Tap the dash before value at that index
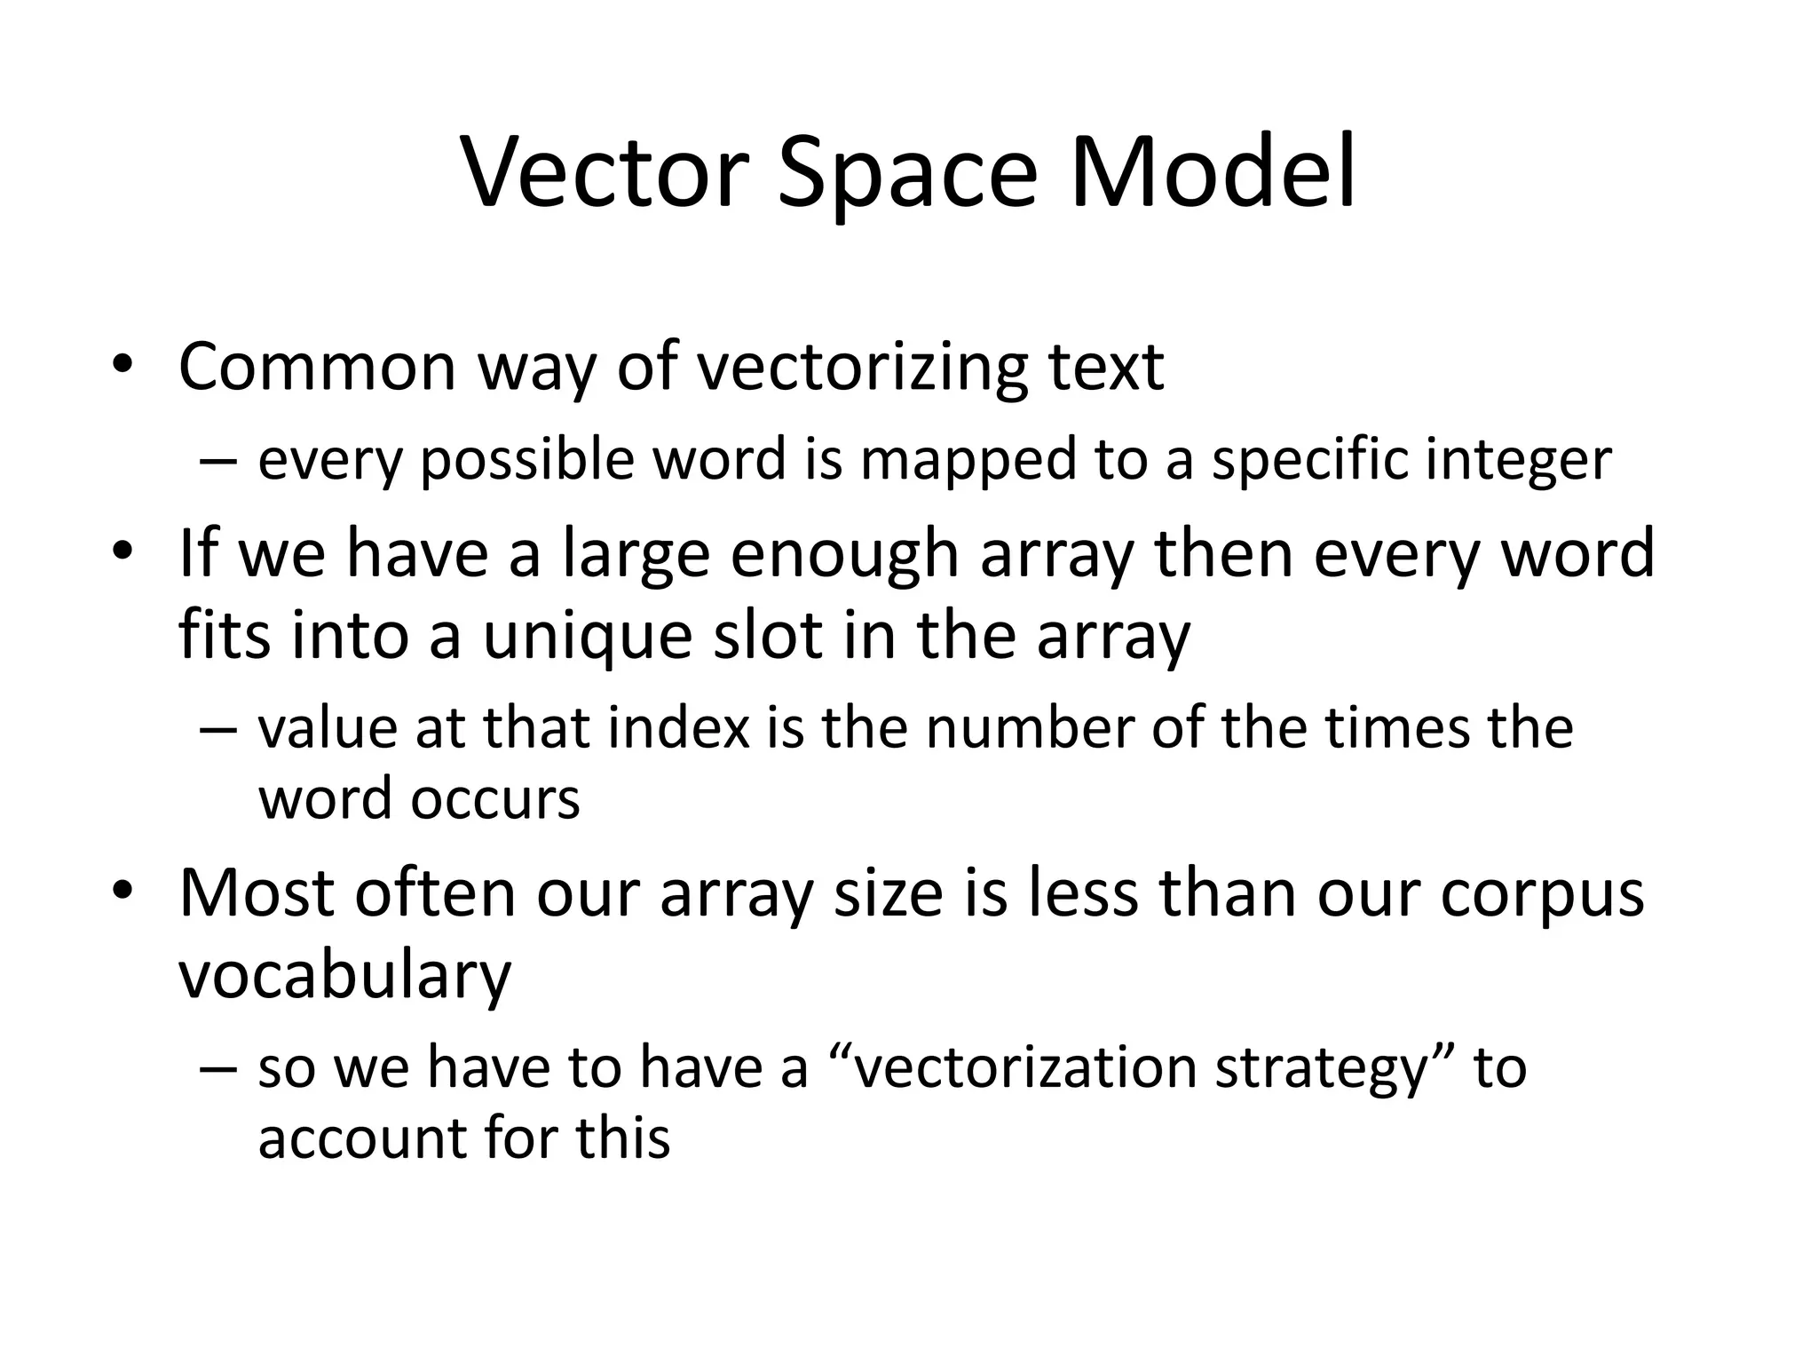[218, 730]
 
